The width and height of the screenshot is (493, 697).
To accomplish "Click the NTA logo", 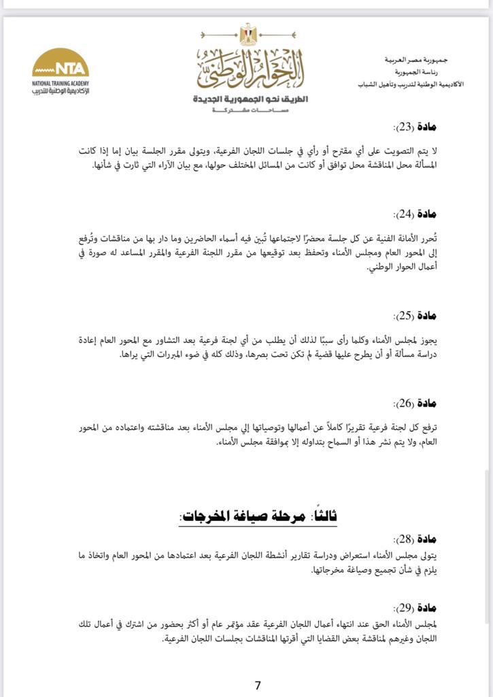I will [x=61, y=66].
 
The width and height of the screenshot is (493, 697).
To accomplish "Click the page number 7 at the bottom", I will [x=258, y=685].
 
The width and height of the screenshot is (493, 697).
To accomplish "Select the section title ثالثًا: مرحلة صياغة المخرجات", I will [x=258, y=517].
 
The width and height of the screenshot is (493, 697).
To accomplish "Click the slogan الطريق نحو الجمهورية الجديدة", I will [x=250, y=99].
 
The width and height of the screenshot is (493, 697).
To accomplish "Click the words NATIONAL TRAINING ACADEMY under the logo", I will [x=61, y=83].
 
